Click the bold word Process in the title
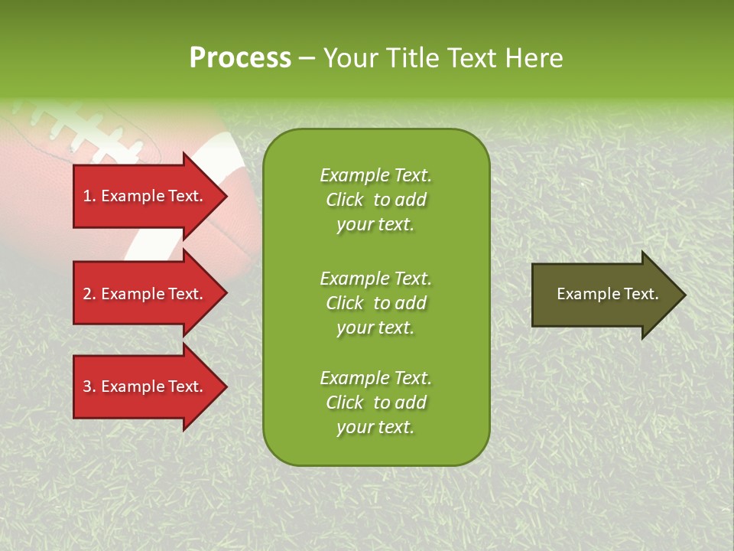point(240,58)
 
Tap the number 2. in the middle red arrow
point(89,294)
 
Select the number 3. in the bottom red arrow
point(89,386)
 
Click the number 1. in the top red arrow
point(89,196)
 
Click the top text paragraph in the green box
point(375,200)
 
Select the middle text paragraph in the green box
point(375,303)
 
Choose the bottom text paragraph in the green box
point(375,403)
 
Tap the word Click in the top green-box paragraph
point(344,200)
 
